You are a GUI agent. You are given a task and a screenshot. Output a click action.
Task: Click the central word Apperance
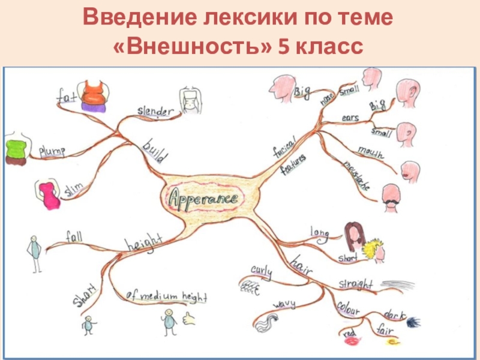click(x=203, y=197)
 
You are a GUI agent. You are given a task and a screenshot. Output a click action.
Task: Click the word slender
click(x=155, y=111)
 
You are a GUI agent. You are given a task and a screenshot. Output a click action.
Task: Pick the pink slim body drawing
click(x=48, y=194)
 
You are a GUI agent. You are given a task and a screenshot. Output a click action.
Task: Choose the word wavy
click(x=284, y=305)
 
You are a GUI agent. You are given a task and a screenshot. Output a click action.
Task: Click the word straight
click(x=355, y=283)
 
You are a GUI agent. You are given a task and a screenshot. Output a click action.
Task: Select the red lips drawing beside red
click(x=350, y=341)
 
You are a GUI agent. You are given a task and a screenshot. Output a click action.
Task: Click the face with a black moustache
click(x=393, y=196)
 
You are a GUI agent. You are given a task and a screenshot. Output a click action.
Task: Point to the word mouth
click(x=370, y=151)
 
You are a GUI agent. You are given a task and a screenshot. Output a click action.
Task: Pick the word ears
click(x=350, y=118)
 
